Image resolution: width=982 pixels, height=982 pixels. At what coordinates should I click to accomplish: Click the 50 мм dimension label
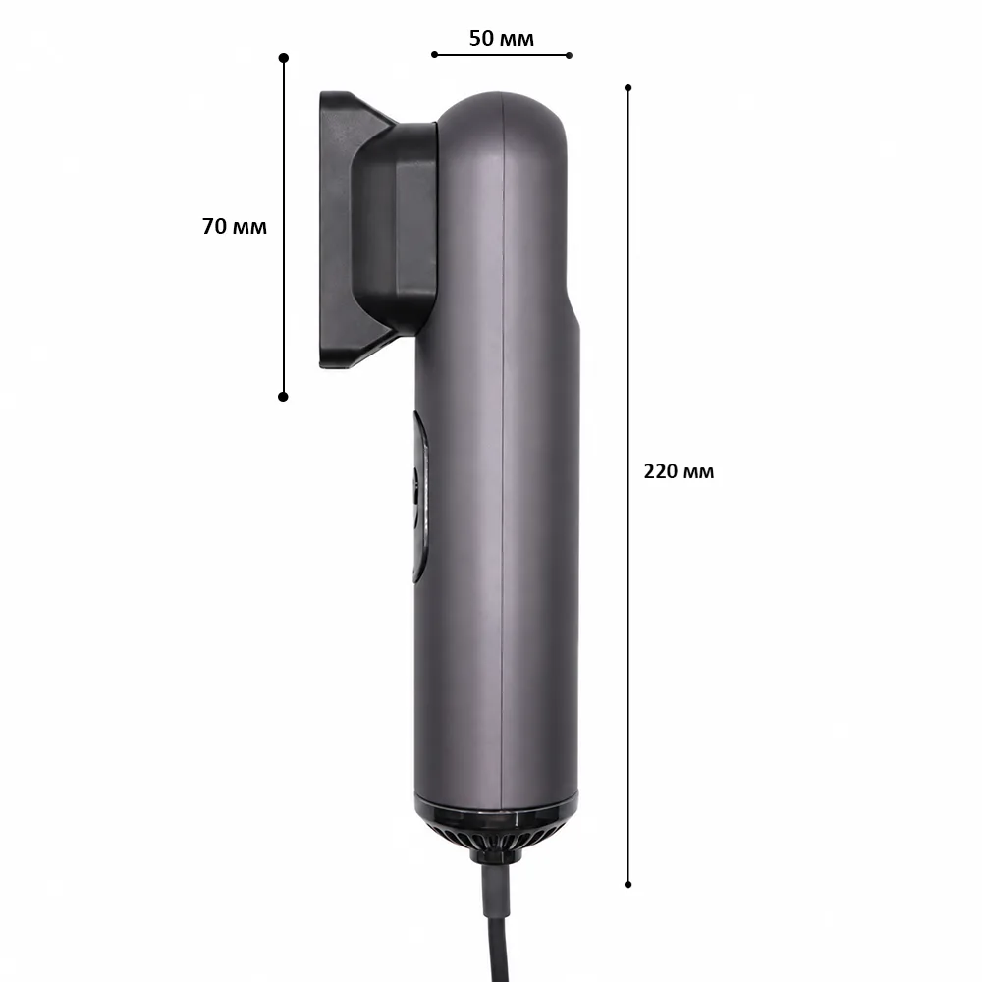click(x=502, y=39)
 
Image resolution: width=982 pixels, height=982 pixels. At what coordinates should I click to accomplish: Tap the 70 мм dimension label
click(x=235, y=226)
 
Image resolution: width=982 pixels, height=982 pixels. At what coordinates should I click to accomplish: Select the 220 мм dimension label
click(x=679, y=471)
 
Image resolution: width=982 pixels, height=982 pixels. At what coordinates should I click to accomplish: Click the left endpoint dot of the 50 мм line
click(x=435, y=54)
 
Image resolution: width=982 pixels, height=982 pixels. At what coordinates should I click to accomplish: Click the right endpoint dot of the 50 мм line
click(x=569, y=55)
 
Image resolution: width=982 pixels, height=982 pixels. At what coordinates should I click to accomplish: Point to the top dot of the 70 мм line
click(x=284, y=58)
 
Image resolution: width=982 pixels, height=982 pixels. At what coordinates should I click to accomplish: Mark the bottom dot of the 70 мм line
click(x=283, y=397)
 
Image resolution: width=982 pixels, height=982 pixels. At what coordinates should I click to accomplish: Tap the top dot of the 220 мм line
click(x=628, y=88)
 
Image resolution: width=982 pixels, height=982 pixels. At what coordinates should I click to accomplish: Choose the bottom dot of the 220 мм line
click(x=628, y=885)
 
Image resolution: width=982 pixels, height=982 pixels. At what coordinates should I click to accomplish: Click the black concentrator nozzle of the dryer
click(x=376, y=231)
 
